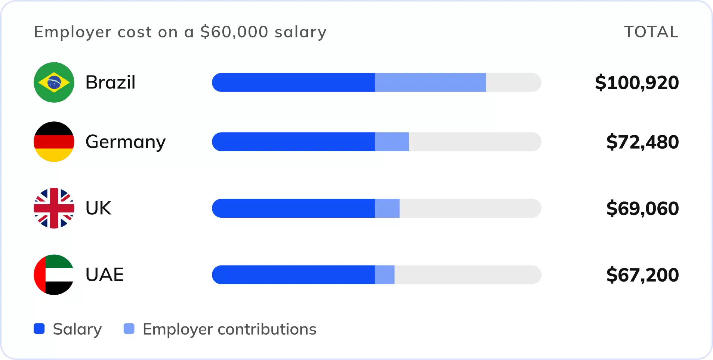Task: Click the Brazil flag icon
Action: click(54, 82)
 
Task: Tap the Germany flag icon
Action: click(54, 142)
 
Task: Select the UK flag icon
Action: click(54, 208)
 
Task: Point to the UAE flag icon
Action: click(54, 275)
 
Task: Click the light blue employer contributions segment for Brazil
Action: click(430, 82)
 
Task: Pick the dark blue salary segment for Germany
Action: click(293, 142)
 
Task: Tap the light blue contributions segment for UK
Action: click(387, 208)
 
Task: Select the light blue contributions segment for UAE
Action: click(385, 275)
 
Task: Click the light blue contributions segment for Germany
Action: click(392, 142)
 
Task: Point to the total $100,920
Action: click(637, 83)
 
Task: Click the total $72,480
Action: click(642, 142)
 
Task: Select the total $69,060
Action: click(642, 208)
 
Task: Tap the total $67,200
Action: click(642, 275)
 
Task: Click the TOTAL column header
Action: click(651, 32)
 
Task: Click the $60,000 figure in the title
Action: click(234, 32)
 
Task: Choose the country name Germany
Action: click(126, 142)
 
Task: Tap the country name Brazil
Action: click(110, 82)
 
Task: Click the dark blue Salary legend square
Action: click(39, 329)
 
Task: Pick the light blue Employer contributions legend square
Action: click(129, 329)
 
